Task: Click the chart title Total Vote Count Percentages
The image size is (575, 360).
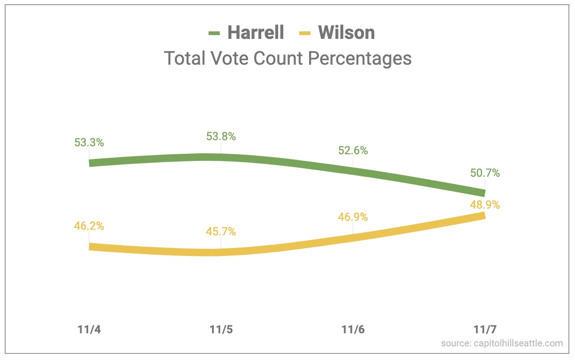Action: point(287,59)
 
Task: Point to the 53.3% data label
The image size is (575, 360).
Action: point(89,142)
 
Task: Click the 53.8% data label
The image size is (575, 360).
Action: point(221,136)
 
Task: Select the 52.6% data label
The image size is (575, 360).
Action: point(353,151)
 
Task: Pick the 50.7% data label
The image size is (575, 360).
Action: point(485,173)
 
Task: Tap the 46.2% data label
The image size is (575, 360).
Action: point(89,225)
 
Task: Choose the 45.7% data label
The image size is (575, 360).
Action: point(221,232)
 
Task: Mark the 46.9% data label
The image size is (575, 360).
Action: point(353,217)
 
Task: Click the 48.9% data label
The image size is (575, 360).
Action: point(485,205)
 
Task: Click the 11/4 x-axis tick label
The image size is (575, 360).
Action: point(89,330)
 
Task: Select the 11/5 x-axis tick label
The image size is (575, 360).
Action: point(221,330)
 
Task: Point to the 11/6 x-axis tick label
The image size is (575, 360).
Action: point(353,330)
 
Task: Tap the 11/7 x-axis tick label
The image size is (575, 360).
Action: point(485,330)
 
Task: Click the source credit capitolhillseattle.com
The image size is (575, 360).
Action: point(502,344)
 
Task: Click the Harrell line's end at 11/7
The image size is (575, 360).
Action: point(483,193)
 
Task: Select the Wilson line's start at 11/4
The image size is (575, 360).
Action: point(91,247)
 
